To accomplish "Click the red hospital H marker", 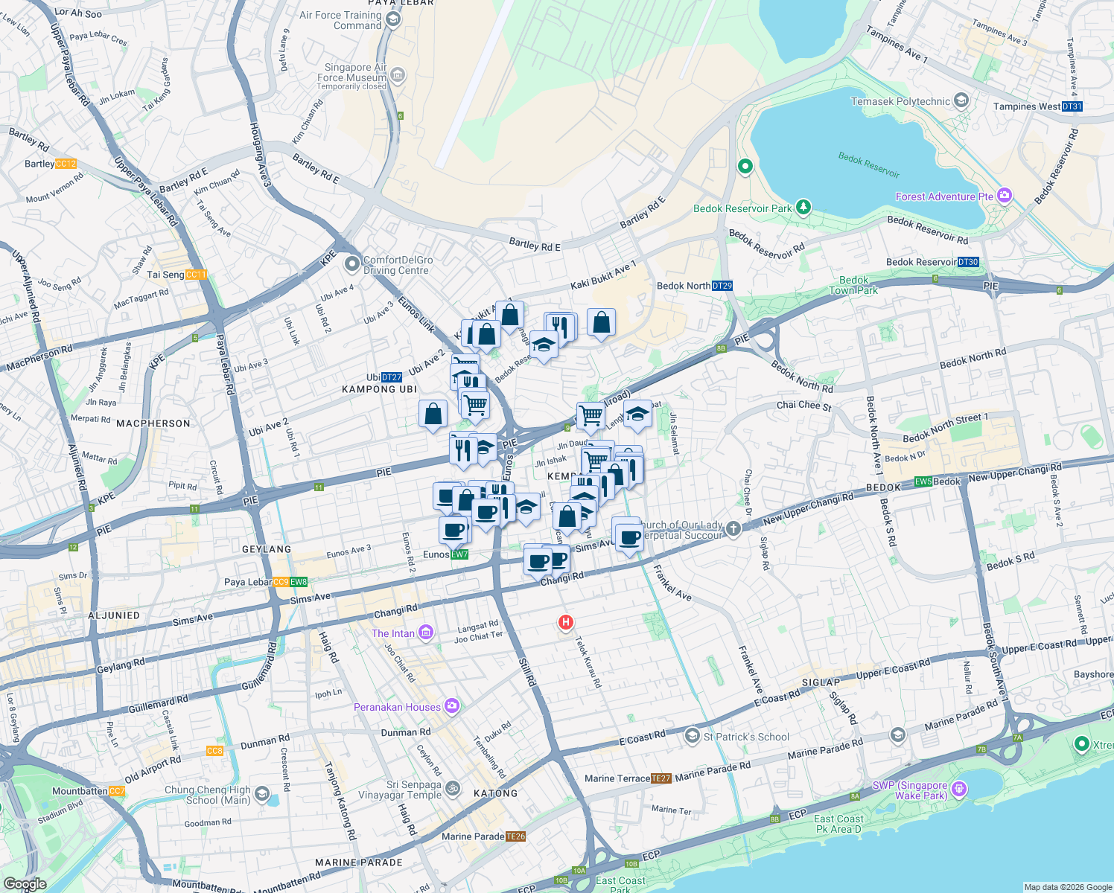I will [566, 622].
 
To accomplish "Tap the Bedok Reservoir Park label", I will [742, 208].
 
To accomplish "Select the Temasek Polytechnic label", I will [900, 101].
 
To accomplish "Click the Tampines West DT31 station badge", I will [1072, 106].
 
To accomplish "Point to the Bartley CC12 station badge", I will [66, 164].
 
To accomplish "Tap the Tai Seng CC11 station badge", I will [196, 275].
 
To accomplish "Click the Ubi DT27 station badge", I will [392, 377].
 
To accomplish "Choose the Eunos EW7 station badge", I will [459, 554].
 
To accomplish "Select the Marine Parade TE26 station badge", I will [516, 836].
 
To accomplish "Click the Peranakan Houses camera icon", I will [452, 706].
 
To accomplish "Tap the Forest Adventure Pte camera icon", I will [1005, 196].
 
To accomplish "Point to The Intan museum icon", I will [426, 633].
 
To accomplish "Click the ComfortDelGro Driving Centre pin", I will [351, 264].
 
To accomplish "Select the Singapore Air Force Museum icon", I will [398, 74].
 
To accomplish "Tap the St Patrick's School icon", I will [693, 737].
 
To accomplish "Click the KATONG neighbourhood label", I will [495, 793].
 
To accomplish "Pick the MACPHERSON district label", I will [153, 423].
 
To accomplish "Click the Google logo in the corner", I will [25, 884].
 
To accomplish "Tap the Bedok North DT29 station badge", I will [722, 286].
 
